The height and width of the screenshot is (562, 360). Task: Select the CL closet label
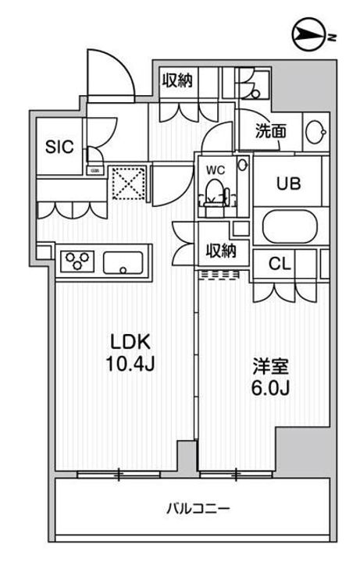(280, 264)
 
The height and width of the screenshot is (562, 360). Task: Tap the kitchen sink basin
(121, 261)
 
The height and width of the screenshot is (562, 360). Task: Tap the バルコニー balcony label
(198, 510)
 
